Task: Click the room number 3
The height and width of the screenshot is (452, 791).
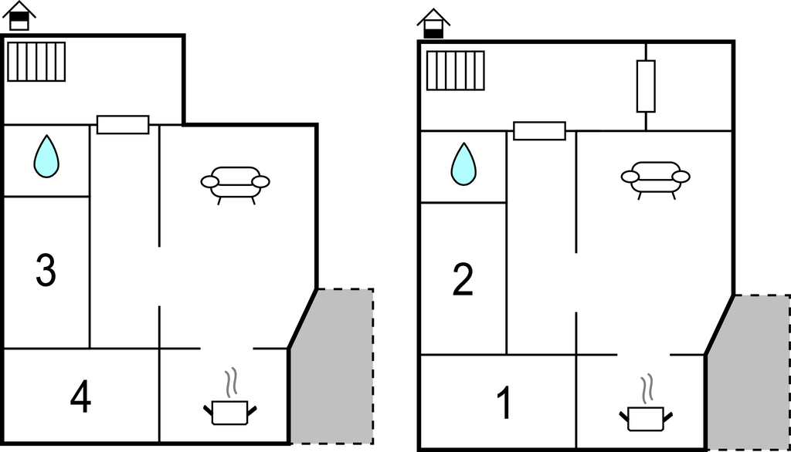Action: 46,271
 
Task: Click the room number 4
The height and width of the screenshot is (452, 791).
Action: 80,398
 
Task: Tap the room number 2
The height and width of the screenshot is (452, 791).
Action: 463,280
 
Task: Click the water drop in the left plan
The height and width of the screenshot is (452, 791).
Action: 46,157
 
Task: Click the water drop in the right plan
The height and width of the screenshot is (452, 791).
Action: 463,164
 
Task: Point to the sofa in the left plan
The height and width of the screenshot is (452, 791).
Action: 235,183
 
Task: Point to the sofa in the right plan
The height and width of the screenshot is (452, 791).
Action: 655,177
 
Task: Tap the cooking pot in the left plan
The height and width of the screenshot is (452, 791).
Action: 229,412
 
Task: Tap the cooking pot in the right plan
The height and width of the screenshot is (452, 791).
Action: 646,418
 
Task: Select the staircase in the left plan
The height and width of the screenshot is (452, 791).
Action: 36,62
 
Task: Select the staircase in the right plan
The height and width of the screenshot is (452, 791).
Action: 455,70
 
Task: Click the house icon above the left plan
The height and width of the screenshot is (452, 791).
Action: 19,15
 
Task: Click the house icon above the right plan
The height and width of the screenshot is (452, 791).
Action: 433,23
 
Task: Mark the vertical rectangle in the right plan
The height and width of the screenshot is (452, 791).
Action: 646,86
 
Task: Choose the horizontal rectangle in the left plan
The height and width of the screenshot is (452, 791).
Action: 123,124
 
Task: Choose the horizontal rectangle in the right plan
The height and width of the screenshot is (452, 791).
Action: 539,130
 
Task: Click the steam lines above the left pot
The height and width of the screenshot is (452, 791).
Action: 229,383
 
